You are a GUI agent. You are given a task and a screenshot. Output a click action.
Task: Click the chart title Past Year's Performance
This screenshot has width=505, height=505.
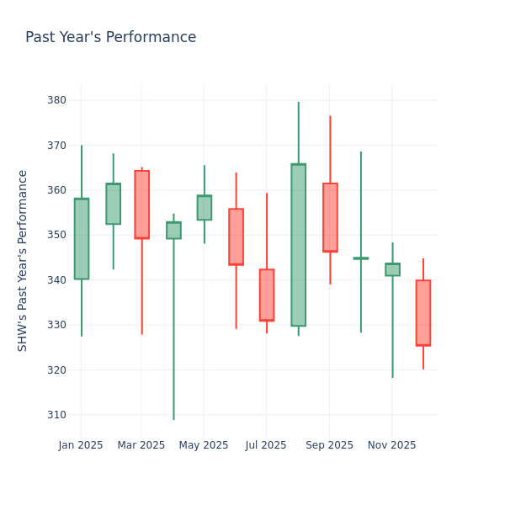point(110,38)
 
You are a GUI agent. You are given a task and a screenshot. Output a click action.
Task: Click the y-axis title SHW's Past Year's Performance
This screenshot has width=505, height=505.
point(23,260)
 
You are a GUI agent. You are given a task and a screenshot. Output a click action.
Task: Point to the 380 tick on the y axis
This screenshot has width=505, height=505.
point(56,100)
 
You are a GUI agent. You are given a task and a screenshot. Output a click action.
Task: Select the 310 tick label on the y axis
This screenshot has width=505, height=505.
point(56,415)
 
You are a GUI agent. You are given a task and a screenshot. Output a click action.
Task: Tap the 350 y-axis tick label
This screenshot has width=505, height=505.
point(56,235)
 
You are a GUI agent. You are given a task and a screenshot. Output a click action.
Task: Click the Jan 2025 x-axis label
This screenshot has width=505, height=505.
point(81,445)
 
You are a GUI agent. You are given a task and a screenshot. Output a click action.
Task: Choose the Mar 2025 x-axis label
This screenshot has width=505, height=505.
point(141,445)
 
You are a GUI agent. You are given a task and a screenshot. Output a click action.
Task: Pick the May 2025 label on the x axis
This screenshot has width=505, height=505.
point(204,445)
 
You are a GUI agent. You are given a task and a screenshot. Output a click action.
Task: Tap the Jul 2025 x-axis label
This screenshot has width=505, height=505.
point(266,445)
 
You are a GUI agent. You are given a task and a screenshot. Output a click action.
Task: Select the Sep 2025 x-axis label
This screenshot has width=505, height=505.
point(330,445)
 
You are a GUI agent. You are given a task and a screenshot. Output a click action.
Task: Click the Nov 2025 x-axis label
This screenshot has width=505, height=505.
point(391,445)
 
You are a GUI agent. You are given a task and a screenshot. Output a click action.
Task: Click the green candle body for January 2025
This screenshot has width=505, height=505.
point(82,239)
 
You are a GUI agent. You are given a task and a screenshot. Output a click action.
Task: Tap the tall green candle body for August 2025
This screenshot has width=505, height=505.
point(298,245)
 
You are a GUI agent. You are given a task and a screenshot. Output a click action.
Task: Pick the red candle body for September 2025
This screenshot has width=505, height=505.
point(330,217)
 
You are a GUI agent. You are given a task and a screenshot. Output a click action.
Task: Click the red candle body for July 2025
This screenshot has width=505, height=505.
point(267,295)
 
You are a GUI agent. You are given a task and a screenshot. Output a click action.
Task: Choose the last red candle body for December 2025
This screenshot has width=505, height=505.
point(423,312)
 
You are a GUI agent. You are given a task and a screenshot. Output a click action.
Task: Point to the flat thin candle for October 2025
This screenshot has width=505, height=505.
point(361,258)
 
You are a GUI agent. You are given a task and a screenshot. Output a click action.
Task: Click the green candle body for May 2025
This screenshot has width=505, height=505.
point(205,208)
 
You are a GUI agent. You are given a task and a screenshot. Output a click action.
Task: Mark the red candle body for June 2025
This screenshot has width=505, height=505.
point(236,237)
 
